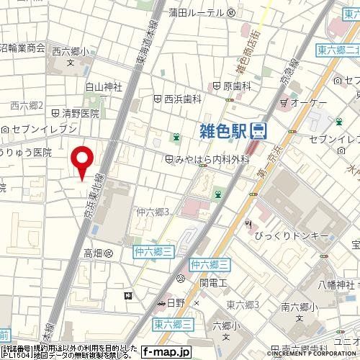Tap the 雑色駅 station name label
222,130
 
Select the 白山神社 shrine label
104,87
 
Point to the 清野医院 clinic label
79,112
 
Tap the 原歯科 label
236,86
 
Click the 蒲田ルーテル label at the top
195,13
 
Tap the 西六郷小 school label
70,52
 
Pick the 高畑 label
94,253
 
